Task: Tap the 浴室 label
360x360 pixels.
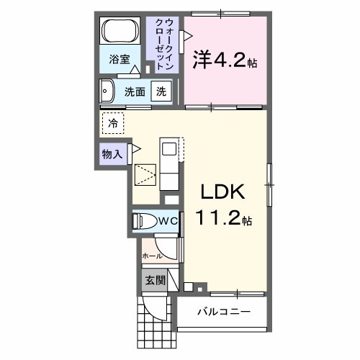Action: (x=120, y=60)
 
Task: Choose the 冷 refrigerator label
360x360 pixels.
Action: (x=113, y=123)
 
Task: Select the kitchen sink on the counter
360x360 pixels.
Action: (x=169, y=149)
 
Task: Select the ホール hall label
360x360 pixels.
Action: (x=151, y=256)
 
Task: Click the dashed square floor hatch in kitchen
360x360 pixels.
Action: (x=146, y=176)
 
